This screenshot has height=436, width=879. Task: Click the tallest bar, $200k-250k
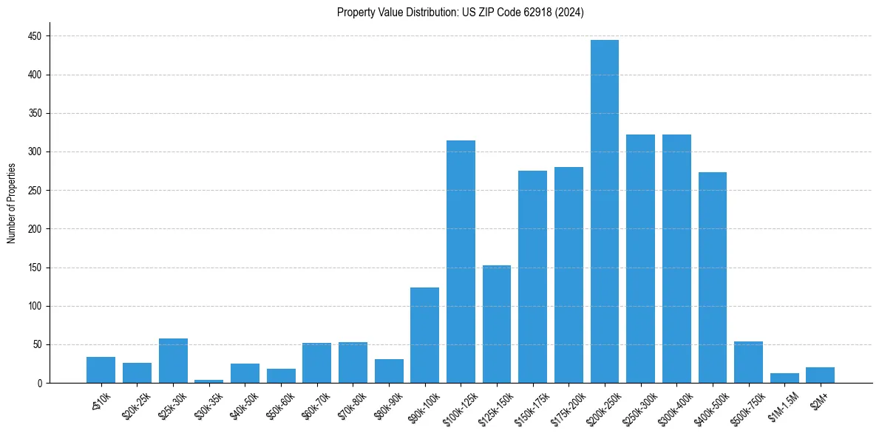(605, 211)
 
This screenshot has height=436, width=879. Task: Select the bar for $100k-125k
(461, 262)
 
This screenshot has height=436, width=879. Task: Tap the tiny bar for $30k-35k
(208, 381)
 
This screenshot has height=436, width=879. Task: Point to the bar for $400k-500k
(713, 278)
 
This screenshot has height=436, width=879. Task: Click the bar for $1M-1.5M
(784, 378)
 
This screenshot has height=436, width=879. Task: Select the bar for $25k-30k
(173, 361)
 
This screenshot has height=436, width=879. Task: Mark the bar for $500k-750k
(748, 362)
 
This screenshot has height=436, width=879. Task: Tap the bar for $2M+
(821, 375)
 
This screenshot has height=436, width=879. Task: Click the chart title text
(461, 13)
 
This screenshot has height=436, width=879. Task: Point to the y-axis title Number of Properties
(12, 203)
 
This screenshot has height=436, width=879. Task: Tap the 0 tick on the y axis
(41, 384)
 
